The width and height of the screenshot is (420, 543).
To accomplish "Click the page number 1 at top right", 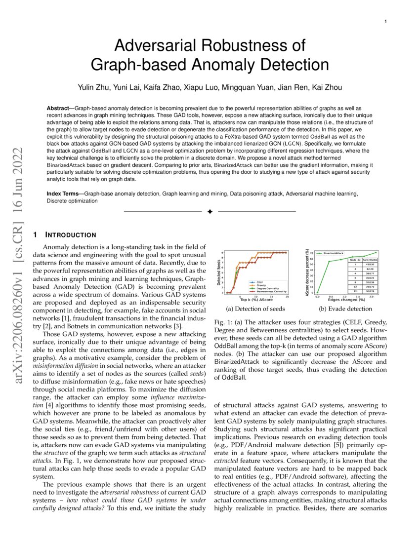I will (385, 21).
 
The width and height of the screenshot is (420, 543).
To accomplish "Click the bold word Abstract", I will (57, 108).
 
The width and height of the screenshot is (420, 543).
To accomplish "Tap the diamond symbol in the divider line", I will (210, 212).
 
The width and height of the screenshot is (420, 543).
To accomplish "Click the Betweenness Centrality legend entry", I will (267, 291).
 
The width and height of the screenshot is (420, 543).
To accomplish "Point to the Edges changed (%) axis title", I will (348, 300).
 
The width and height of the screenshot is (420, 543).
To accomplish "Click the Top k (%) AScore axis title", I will (257, 300).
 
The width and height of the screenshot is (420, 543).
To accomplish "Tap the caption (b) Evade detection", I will (345, 309).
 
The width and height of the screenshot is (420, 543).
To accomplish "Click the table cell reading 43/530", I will (370, 264).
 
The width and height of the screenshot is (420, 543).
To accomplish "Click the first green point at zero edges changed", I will (318, 293).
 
